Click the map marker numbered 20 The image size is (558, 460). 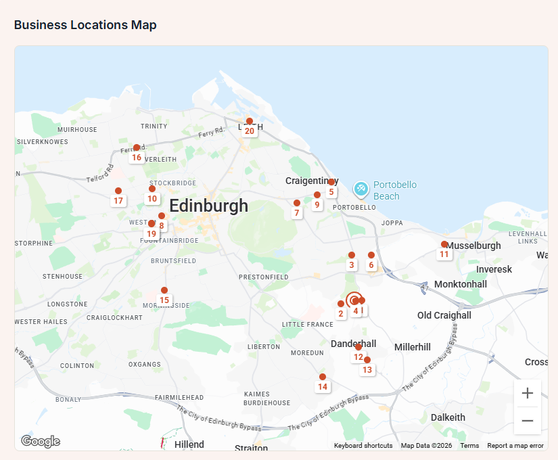250,122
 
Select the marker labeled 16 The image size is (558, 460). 137,148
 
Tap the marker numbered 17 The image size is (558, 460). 118,191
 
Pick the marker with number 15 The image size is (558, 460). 164,291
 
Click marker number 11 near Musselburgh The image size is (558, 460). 444,245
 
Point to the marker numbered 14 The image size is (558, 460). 323,377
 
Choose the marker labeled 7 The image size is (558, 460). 297,204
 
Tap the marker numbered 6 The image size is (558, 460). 371,256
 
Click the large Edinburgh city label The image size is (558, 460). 209,206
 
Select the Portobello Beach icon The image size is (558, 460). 361,188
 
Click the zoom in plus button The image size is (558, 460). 528,393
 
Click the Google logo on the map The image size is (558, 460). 41,442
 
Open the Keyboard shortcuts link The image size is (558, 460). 363,446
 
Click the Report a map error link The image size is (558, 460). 515,446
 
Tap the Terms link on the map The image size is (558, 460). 469,446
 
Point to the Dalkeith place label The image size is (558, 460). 448,417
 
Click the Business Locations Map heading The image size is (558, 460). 85,25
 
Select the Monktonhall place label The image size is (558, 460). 460,284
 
